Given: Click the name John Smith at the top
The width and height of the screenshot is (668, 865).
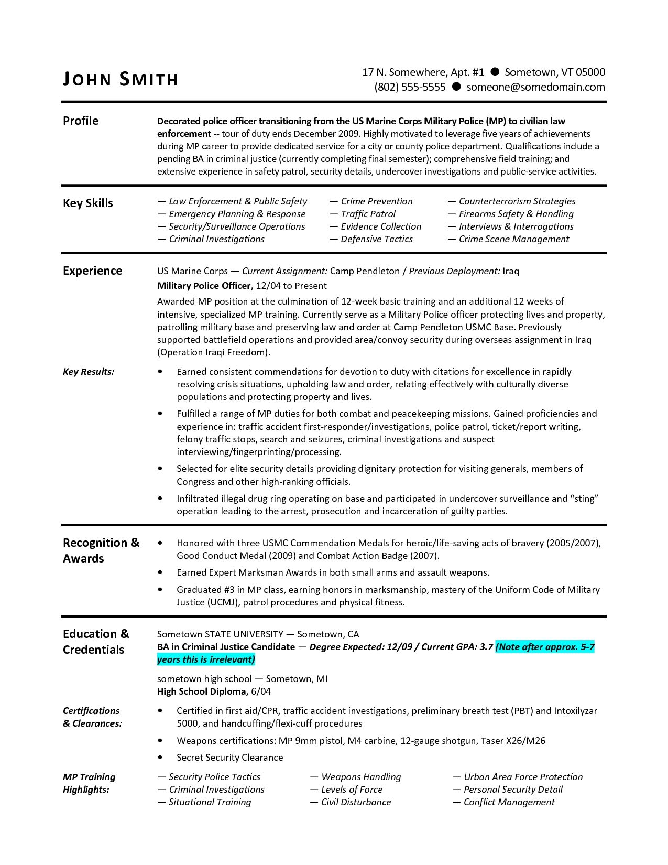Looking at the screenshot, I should [x=121, y=79].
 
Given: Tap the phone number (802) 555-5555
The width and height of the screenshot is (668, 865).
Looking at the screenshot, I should [x=410, y=87].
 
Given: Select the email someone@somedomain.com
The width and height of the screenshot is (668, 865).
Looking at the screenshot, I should [x=535, y=87].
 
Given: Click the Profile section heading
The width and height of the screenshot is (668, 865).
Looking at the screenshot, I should [x=81, y=121].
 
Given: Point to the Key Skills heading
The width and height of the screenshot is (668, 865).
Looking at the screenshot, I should [x=88, y=203].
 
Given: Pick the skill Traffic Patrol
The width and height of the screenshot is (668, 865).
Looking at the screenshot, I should [x=368, y=214].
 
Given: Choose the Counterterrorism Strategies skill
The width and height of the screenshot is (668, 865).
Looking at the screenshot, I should [x=517, y=201].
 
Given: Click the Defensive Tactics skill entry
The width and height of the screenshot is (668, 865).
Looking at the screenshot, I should [x=376, y=239].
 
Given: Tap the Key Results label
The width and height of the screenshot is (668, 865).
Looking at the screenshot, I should [x=89, y=372].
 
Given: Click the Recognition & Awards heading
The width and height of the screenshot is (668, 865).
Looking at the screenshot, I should [x=101, y=550].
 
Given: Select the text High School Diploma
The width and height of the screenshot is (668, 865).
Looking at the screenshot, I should [x=203, y=691].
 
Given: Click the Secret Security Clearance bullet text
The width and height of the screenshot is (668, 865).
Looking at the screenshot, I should [x=229, y=758].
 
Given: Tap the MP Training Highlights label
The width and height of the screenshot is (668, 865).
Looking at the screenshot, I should [x=89, y=783].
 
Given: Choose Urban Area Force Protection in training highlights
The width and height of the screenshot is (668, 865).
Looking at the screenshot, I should [x=523, y=777].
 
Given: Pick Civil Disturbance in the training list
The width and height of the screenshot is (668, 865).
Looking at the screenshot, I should [x=356, y=802].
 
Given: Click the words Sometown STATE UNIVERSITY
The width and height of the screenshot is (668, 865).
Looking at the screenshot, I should [x=220, y=634].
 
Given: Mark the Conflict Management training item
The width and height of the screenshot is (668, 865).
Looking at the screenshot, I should [x=509, y=802].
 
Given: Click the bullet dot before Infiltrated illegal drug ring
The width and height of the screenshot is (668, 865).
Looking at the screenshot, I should [x=160, y=499].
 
